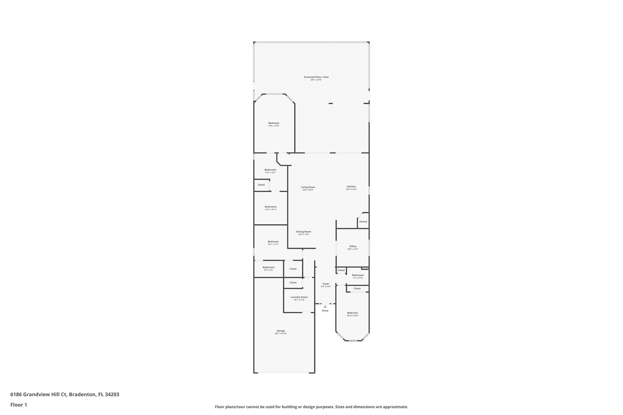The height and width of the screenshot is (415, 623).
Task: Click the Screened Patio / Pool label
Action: [316, 77]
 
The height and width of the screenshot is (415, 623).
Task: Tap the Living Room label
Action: [308, 187]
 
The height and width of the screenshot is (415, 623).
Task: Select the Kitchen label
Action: [351, 187]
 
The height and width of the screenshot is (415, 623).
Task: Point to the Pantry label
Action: [363, 222]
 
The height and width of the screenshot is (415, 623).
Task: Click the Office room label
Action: [353, 247]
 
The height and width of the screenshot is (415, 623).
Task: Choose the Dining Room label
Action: [304, 232]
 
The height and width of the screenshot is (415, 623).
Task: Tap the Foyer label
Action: [326, 284]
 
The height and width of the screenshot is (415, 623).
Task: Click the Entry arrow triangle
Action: [325, 306]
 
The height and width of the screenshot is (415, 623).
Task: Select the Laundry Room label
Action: [299, 297]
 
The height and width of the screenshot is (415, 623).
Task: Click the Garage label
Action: [280, 331]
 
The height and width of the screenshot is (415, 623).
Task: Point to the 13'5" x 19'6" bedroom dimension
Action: [274, 126]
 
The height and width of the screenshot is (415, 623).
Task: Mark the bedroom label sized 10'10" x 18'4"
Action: [353, 313]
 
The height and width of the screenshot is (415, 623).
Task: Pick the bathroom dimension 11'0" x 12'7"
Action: [270, 173]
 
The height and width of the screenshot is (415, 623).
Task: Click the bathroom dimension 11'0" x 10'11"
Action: [270, 209]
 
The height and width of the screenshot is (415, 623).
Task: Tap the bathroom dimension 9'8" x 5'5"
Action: [269, 270]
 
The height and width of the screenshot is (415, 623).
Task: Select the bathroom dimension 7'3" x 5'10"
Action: [358, 278]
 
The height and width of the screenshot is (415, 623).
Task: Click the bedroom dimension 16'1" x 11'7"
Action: [273, 244]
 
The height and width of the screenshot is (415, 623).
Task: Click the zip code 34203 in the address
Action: [112, 395]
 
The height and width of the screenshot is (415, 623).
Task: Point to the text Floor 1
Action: [19, 405]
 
